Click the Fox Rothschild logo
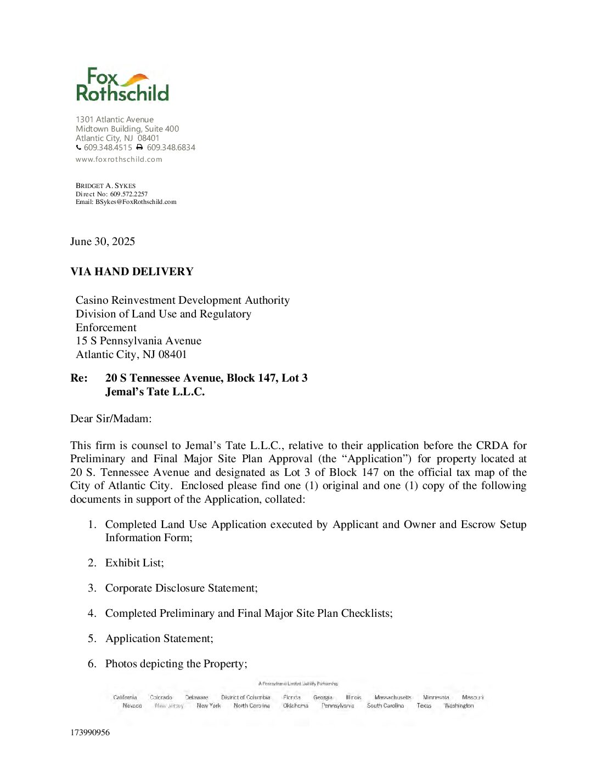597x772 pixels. point(122,85)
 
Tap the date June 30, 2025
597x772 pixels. point(103,242)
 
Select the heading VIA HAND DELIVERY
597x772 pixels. point(132,272)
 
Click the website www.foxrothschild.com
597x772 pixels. point(119,160)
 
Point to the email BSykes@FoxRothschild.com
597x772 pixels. point(136,202)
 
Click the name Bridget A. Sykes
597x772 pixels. point(105,186)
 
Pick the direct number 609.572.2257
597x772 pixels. point(128,194)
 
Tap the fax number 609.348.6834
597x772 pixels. point(171,147)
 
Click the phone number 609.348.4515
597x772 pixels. point(108,147)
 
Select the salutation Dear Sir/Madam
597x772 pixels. point(111,419)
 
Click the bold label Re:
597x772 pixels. point(79,378)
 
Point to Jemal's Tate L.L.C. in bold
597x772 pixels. point(155,392)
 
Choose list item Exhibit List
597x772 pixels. point(134,563)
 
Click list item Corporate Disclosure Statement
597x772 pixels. point(181,588)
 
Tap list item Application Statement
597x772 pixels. point(159,639)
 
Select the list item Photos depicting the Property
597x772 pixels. point(176,664)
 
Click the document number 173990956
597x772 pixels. point(90,733)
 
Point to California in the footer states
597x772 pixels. point(125,697)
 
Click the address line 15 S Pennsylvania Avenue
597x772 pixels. point(138,341)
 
